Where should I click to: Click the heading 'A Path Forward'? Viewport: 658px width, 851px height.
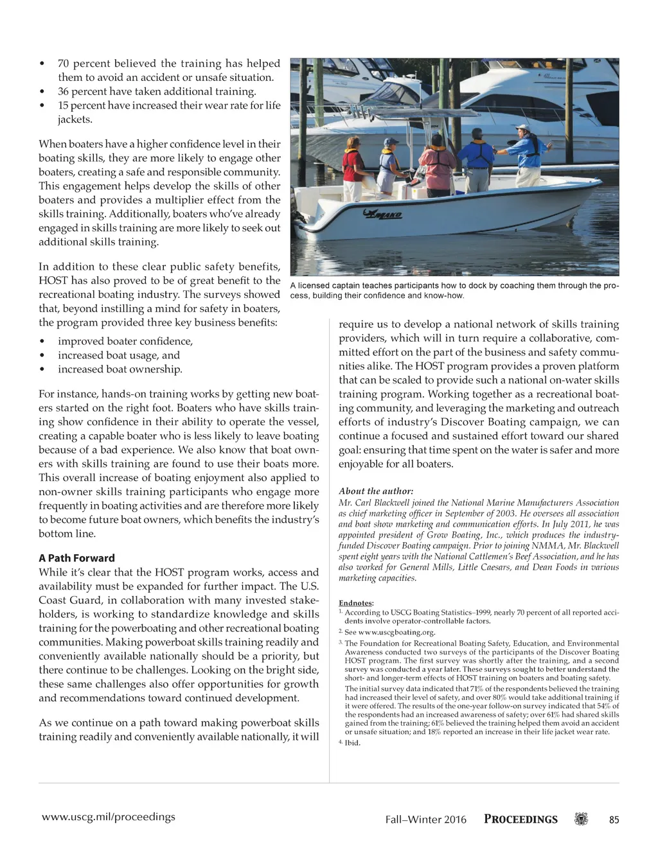click(76, 558)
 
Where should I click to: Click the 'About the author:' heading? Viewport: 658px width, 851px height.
click(376, 491)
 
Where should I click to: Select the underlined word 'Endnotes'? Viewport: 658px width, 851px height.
click(355, 603)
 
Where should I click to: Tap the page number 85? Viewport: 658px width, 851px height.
click(614, 820)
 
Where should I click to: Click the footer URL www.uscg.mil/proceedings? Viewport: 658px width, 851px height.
click(108, 817)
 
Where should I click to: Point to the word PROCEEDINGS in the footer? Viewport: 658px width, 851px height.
click(520, 820)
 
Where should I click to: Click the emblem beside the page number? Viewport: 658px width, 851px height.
click(581, 820)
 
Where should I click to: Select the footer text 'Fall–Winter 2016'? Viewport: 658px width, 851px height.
click(425, 820)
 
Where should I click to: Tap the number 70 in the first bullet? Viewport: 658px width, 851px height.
click(64, 64)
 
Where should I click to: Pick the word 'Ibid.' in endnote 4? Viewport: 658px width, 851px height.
click(353, 743)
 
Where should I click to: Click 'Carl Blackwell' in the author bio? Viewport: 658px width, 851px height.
click(388, 503)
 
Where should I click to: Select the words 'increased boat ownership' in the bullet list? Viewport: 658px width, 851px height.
click(120, 369)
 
